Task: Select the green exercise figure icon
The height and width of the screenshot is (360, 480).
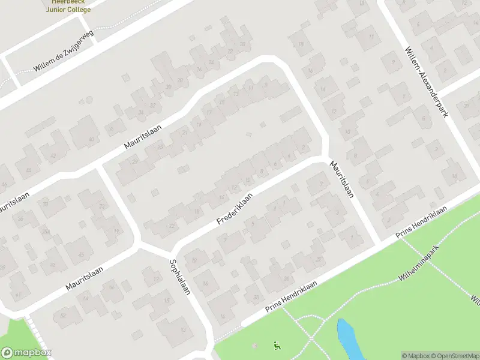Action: [277, 345]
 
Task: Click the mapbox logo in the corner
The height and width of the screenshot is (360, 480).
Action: [26, 353]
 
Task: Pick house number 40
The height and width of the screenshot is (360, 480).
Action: [91, 139]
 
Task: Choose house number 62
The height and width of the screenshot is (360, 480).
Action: [62, 315]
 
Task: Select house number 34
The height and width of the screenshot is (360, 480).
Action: [141, 112]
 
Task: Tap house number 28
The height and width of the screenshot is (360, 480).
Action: [135, 161]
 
